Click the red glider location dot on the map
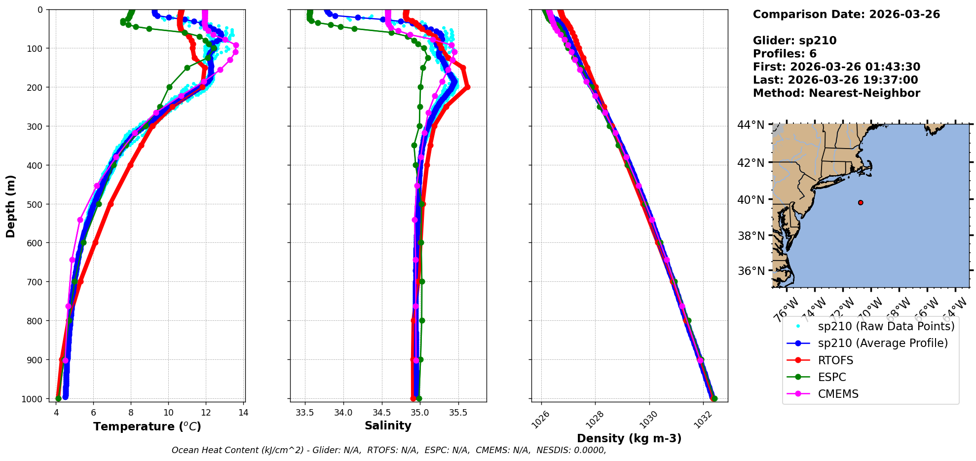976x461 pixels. click(x=861, y=202)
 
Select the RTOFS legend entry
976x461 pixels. click(x=835, y=360)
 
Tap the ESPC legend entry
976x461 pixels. click(x=831, y=377)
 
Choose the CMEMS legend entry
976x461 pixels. click(x=838, y=394)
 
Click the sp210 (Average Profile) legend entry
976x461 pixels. click(x=883, y=344)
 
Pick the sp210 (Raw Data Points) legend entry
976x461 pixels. click(x=886, y=326)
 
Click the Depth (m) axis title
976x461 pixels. click(x=10, y=206)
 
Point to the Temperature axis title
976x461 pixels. click(x=147, y=426)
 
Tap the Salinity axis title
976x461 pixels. click(x=388, y=425)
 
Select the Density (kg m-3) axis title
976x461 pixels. click(x=629, y=438)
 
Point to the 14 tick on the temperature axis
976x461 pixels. click(x=243, y=413)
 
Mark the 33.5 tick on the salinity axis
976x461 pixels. click(x=305, y=413)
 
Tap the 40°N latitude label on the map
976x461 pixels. click(x=751, y=200)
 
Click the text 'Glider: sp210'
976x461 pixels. click(x=794, y=40)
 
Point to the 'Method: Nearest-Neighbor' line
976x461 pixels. click(x=836, y=93)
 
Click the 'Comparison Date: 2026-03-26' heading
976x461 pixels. click(x=846, y=14)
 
